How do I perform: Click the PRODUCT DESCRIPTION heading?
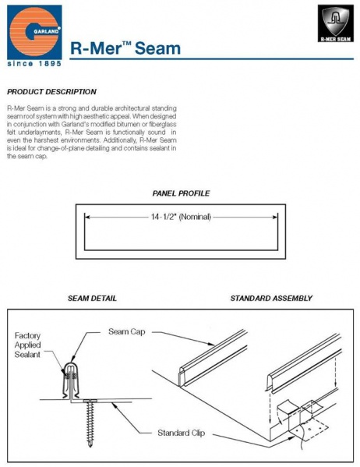[51, 92]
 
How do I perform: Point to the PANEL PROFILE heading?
[180, 193]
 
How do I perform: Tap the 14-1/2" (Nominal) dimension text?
[178, 217]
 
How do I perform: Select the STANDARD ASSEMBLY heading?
[271, 298]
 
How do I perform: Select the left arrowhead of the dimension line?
[88, 217]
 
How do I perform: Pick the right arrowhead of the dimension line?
[273, 217]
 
